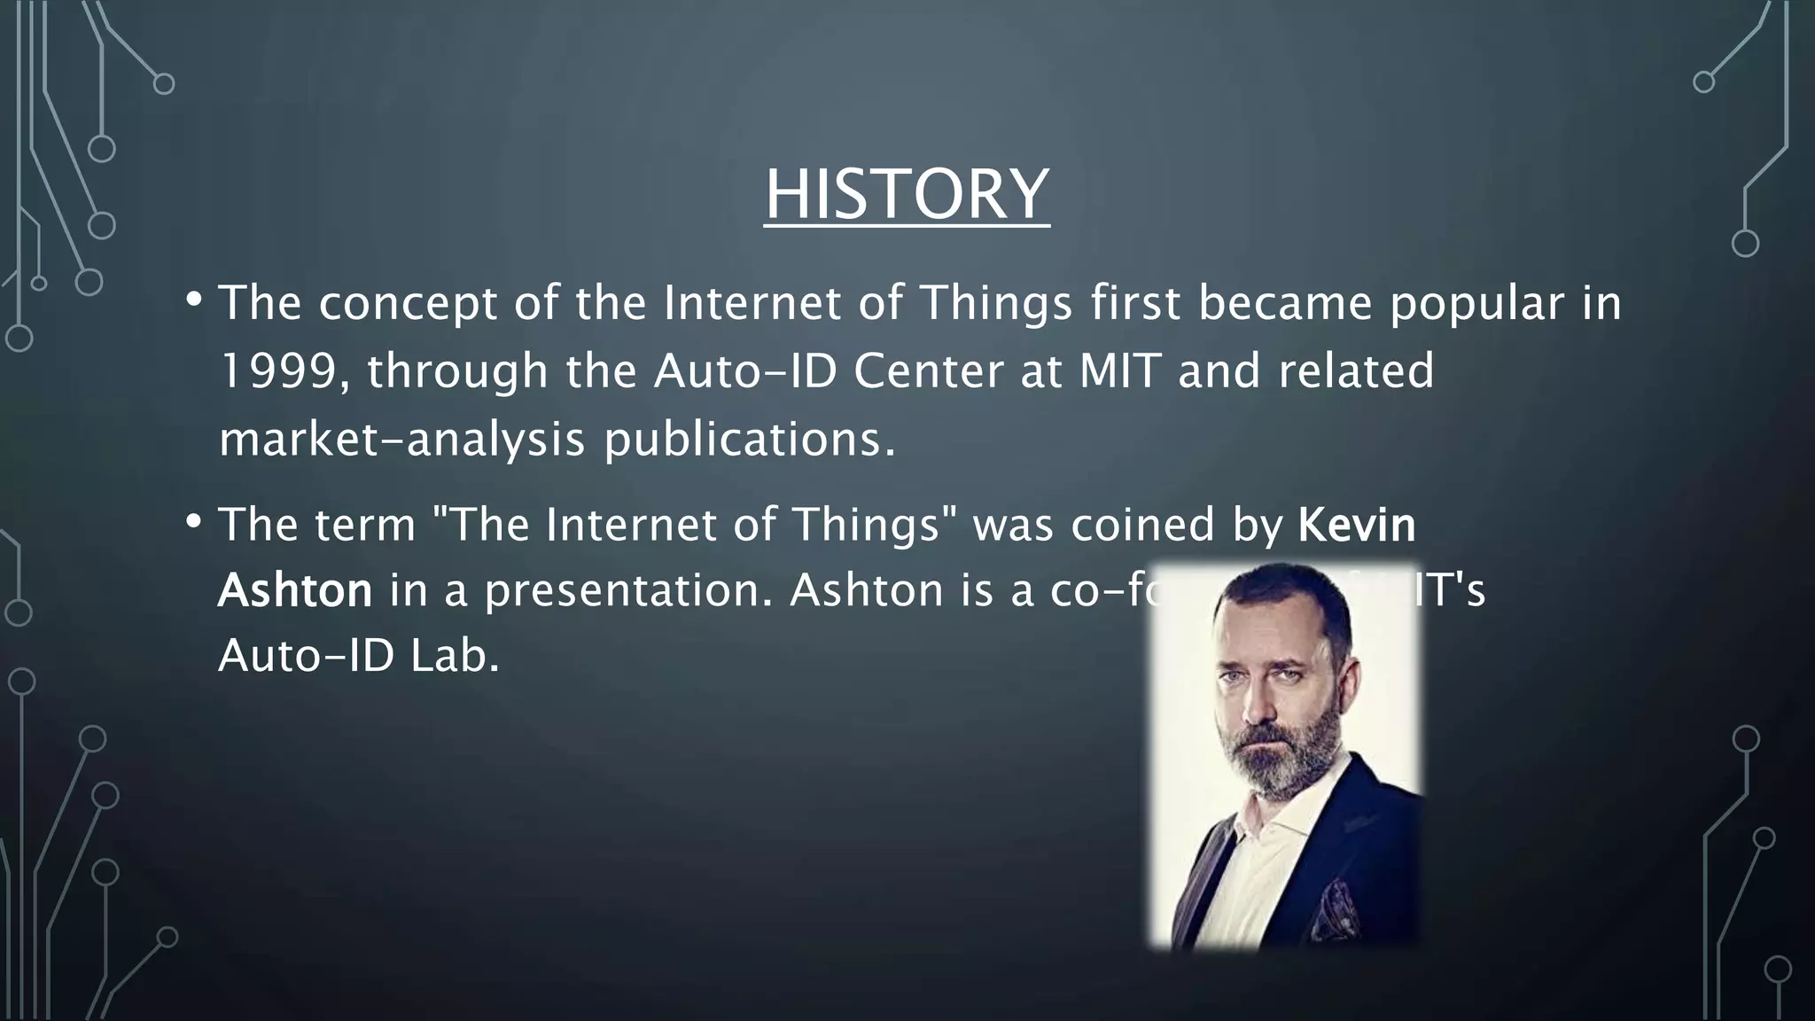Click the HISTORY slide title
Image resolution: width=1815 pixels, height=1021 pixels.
[x=907, y=194]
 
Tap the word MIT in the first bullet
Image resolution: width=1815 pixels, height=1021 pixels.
[x=1119, y=371]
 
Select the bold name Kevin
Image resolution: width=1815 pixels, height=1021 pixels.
[x=1357, y=525]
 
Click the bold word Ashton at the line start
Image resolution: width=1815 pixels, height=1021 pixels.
[x=295, y=591]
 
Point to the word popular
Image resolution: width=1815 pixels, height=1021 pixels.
[x=1477, y=304]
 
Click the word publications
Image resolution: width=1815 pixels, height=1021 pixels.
[x=750, y=440]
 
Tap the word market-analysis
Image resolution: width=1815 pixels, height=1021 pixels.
[x=401, y=440]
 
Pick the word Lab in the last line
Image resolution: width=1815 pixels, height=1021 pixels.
[x=456, y=658]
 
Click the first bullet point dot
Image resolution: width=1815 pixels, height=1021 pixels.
[x=194, y=300]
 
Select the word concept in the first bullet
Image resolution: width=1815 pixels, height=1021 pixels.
[x=408, y=304]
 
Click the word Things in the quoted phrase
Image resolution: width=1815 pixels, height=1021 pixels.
[x=865, y=525]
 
